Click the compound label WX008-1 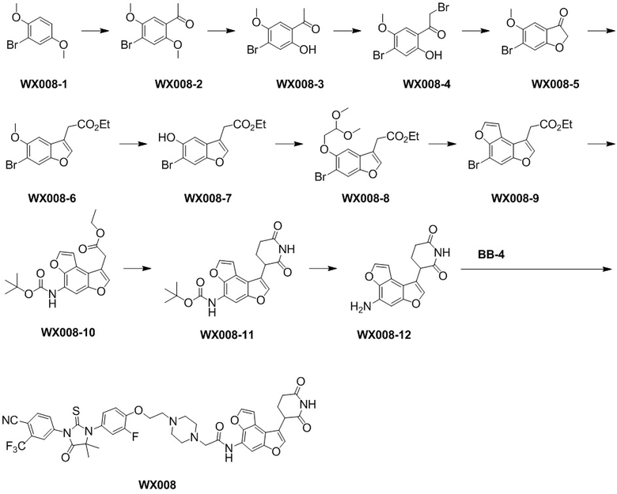(x=43, y=83)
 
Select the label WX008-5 (x=555, y=84)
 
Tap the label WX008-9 (x=515, y=198)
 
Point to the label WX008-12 (x=384, y=334)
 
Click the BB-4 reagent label (x=491, y=255)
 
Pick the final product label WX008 (x=157, y=485)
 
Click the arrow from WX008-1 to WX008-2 (x=94, y=30)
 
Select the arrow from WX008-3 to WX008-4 (x=347, y=30)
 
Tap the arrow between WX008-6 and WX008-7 (x=133, y=144)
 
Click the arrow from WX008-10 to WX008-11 (x=138, y=268)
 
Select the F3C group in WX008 (x=15, y=447)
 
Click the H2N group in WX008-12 (x=359, y=307)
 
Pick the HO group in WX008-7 (x=166, y=138)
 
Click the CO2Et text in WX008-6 (x=93, y=125)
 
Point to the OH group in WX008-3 (x=308, y=50)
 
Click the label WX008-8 (x=365, y=198)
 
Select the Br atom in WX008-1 (x=13, y=45)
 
